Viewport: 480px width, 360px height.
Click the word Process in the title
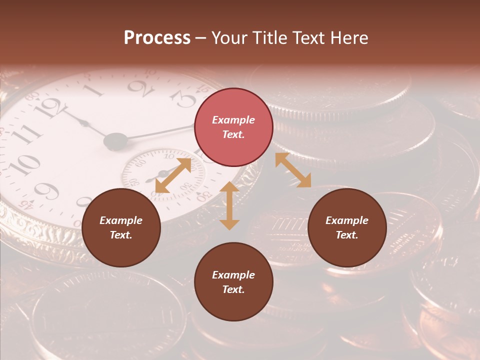coord(157,38)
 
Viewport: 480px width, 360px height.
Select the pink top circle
coord(233,127)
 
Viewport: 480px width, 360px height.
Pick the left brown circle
coord(121,227)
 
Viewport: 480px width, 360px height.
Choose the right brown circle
coord(347,227)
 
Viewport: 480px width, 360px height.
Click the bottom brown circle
coord(233,281)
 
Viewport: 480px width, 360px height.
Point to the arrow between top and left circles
coord(173,175)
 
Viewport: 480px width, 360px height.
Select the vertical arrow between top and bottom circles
coord(229,205)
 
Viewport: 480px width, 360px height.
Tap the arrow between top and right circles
coord(293,170)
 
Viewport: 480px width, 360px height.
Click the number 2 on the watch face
coord(140,89)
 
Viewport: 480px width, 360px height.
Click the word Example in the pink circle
coord(233,120)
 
